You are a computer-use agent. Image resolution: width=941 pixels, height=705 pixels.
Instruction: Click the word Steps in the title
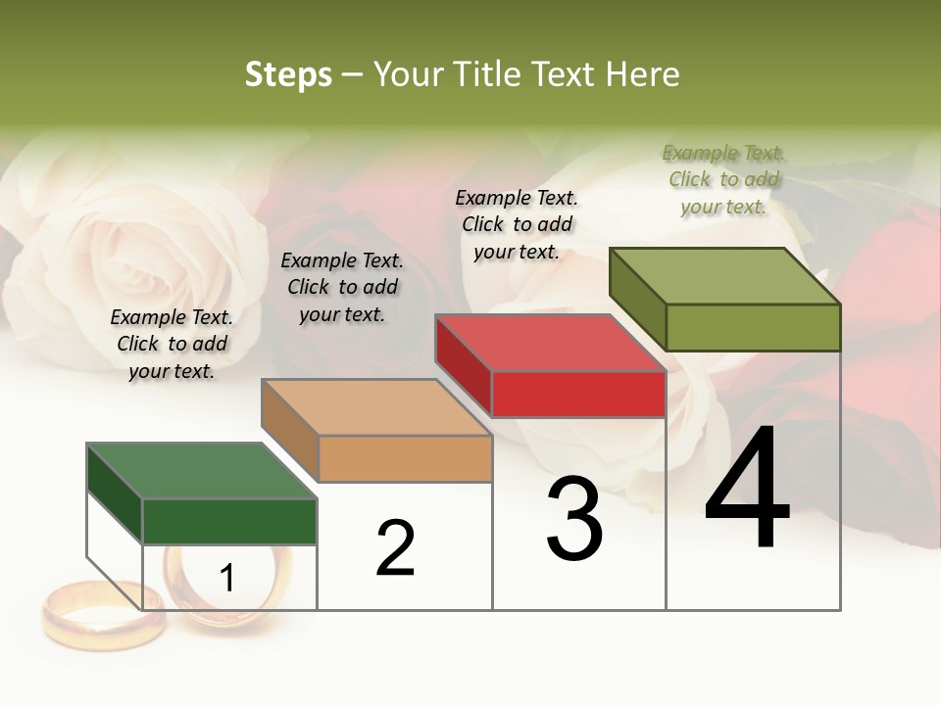click(x=288, y=74)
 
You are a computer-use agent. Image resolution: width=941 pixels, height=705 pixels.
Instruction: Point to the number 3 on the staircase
click(x=573, y=519)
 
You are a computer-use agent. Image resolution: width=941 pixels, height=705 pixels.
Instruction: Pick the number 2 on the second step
click(x=395, y=548)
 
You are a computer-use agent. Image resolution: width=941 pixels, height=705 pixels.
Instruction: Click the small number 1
click(x=227, y=579)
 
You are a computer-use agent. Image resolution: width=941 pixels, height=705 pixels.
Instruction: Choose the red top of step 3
click(x=550, y=344)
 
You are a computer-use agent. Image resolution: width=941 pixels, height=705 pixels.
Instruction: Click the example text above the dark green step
click(x=172, y=344)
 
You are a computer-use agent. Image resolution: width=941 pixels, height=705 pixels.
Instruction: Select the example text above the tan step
click(x=342, y=287)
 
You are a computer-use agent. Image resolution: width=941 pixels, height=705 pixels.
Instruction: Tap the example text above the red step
click(x=517, y=224)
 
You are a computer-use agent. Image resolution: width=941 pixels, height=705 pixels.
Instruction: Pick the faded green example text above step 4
click(x=723, y=179)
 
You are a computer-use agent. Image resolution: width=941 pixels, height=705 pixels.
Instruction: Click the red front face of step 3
click(x=578, y=395)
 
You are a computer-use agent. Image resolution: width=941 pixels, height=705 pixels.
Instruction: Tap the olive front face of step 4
click(x=753, y=327)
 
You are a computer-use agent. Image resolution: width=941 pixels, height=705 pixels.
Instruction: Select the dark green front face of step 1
click(x=229, y=521)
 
